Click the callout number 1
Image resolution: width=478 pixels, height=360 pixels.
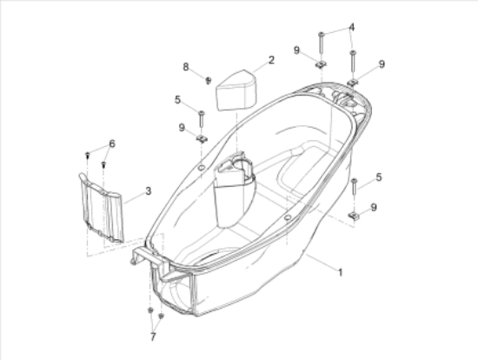(x=340, y=272)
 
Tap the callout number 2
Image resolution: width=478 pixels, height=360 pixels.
(x=271, y=60)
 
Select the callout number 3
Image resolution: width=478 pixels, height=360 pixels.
(x=148, y=191)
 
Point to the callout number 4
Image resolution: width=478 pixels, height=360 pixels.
(x=352, y=28)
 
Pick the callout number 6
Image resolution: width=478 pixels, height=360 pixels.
(x=112, y=143)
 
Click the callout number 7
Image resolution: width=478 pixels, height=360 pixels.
(x=153, y=337)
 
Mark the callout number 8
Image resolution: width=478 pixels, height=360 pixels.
(x=186, y=67)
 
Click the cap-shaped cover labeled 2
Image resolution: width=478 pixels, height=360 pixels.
(x=236, y=90)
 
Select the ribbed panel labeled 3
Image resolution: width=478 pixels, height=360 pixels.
(x=102, y=208)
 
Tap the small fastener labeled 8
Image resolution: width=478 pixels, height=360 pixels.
(x=209, y=81)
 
